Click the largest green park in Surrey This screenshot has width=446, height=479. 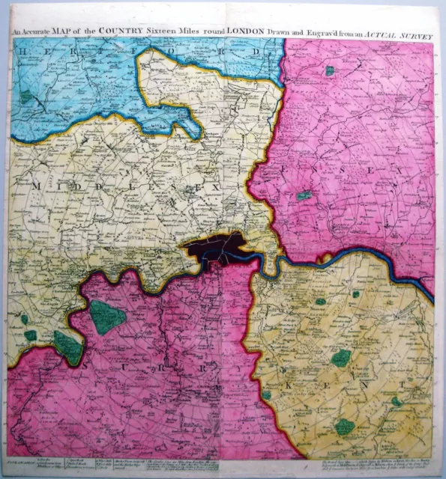[x=107, y=317]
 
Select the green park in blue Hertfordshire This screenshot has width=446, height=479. [x=26, y=97]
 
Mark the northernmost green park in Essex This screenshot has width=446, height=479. [x=329, y=71]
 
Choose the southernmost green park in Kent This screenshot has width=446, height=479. [x=344, y=427]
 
